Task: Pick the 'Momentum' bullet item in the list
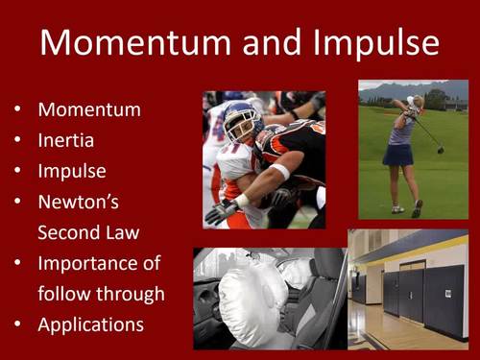coord(88,109)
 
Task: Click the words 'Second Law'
coord(88,232)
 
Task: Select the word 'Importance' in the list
coord(99,263)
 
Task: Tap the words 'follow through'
coord(101,294)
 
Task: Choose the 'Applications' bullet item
coord(90,324)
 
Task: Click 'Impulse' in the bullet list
coord(72,171)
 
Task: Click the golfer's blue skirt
coord(398,154)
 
